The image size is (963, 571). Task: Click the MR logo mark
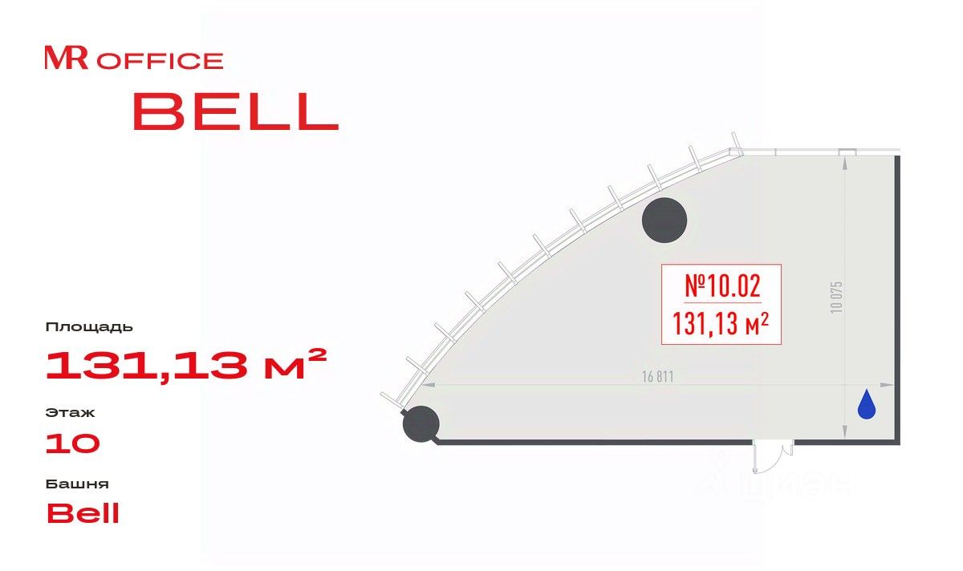pyautogui.click(x=67, y=58)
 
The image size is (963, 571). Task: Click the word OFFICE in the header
pyautogui.click(x=160, y=61)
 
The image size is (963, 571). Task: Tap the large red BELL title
pyautogui.click(x=236, y=111)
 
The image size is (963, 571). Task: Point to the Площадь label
pyautogui.click(x=89, y=327)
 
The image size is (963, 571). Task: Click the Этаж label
pyautogui.click(x=70, y=413)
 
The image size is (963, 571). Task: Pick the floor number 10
pyautogui.click(x=73, y=443)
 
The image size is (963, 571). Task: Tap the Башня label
pyautogui.click(x=77, y=484)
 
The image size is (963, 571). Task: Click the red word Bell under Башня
pyautogui.click(x=83, y=512)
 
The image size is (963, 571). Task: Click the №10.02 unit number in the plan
pyautogui.click(x=722, y=286)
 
